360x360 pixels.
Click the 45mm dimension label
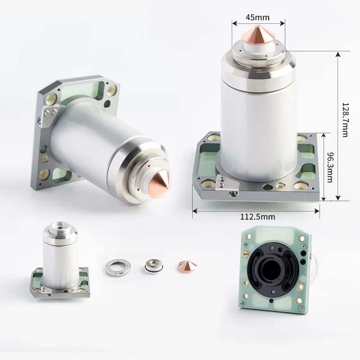click(257, 18)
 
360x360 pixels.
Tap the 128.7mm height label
click(345, 120)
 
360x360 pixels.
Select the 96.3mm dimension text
click(330, 167)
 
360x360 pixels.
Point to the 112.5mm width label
click(257, 217)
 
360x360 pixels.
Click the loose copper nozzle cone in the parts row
click(188, 267)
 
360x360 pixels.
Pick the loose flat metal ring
click(118, 267)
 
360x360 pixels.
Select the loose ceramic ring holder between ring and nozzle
click(153, 266)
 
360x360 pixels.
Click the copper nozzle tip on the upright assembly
click(258, 35)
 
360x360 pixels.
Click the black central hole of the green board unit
click(273, 269)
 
